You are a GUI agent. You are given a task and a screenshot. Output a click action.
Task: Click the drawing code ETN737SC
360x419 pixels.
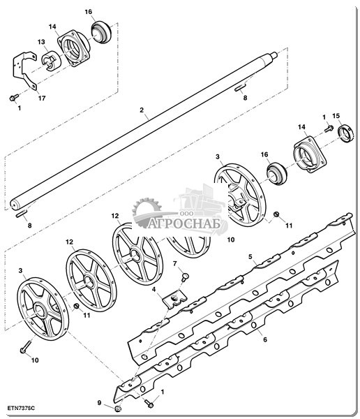pos(21,408)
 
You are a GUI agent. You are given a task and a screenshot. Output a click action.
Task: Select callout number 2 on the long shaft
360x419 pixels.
pos(142,110)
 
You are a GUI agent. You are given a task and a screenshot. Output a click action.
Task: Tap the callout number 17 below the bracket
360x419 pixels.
pos(42,98)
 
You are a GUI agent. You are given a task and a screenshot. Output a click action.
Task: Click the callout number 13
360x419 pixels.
pos(41,42)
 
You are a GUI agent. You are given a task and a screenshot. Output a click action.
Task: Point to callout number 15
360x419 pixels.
pos(336,116)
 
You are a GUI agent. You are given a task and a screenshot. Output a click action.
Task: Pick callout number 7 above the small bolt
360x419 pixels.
pos(175,264)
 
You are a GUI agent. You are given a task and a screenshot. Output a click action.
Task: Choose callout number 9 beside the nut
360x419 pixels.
pos(99,402)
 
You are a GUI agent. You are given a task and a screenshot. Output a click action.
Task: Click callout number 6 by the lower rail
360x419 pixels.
pos(265,339)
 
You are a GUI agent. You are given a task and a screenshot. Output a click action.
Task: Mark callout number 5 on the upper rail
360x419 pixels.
pos(250,257)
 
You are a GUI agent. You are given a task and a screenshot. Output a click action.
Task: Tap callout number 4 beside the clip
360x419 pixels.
pos(153,289)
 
